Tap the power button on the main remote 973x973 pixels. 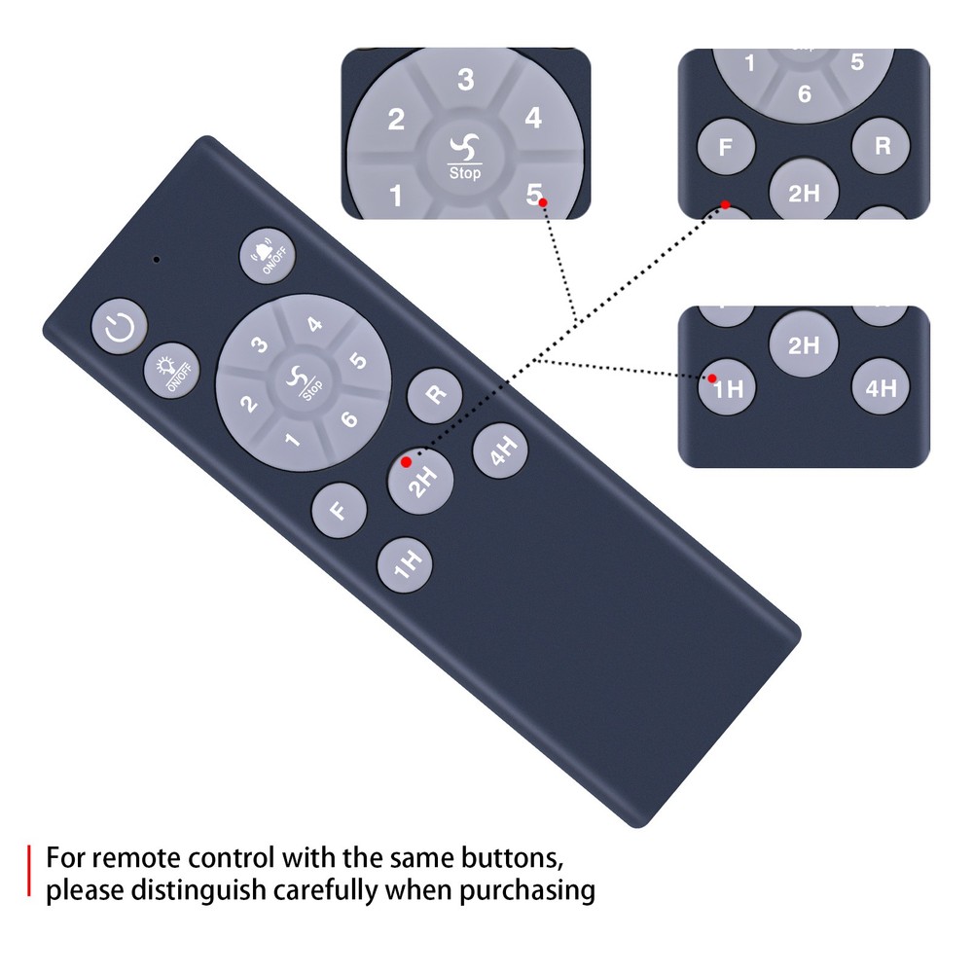point(120,326)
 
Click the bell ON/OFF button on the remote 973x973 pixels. point(268,256)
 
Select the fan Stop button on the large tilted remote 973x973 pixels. point(304,382)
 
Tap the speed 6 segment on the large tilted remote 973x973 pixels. point(349,418)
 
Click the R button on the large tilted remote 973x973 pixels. point(435,395)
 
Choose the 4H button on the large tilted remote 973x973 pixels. point(500,450)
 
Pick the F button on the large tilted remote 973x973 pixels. point(339,510)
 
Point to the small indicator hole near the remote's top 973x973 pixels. point(157,260)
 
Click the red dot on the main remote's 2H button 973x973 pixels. point(406,462)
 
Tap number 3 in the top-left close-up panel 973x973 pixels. point(465,80)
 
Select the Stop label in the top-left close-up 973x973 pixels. point(465,172)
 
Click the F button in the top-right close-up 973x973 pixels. point(726,147)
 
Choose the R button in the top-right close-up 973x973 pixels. point(882,146)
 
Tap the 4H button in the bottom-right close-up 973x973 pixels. point(881,387)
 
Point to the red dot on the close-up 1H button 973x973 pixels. point(712,378)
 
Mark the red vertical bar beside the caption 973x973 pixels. point(28,870)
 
